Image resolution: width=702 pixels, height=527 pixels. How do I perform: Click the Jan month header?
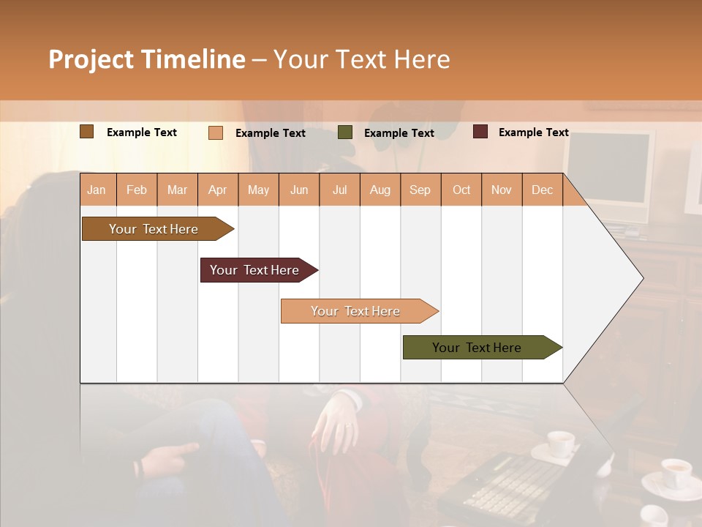tap(97, 190)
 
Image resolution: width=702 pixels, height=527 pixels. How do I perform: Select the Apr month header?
tap(218, 190)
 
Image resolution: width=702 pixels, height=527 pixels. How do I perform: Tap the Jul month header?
tap(339, 190)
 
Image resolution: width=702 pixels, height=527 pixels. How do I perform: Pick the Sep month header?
tap(420, 190)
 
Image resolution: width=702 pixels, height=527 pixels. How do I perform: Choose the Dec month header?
tap(542, 190)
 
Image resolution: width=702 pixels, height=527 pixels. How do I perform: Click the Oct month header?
tap(461, 190)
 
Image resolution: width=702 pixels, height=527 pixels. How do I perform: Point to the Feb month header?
tap(137, 190)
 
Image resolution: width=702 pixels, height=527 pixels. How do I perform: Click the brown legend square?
tap(86, 132)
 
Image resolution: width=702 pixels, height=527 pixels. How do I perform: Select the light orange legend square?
tap(216, 132)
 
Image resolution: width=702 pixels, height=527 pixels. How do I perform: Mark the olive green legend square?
tap(345, 132)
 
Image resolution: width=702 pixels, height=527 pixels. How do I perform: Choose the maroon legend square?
tap(480, 132)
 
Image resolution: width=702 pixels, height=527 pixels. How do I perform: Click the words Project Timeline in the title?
tap(146, 59)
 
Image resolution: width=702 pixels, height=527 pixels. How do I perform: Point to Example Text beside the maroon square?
tap(533, 132)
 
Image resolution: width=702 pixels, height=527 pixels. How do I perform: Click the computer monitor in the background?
tap(609, 172)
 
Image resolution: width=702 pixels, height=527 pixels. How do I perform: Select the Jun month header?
tap(299, 190)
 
